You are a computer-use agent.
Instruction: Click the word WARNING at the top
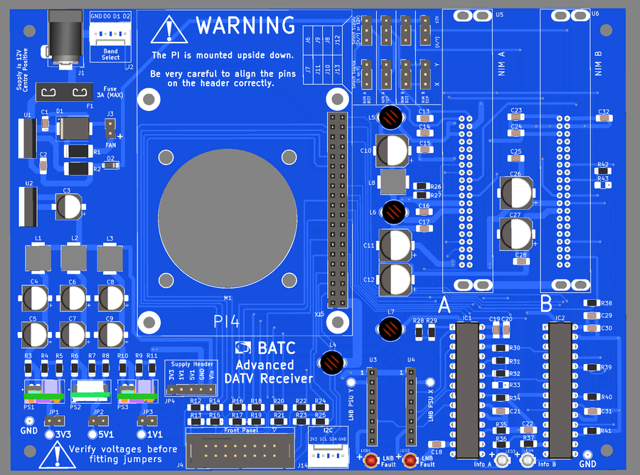click(245, 26)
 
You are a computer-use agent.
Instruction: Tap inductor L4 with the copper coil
click(331, 363)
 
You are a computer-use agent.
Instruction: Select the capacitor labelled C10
click(393, 151)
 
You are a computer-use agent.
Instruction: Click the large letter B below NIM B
click(546, 305)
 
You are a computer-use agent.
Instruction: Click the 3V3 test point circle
click(50, 434)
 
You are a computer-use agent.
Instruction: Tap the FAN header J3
click(110, 129)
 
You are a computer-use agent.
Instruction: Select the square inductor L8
click(393, 181)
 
